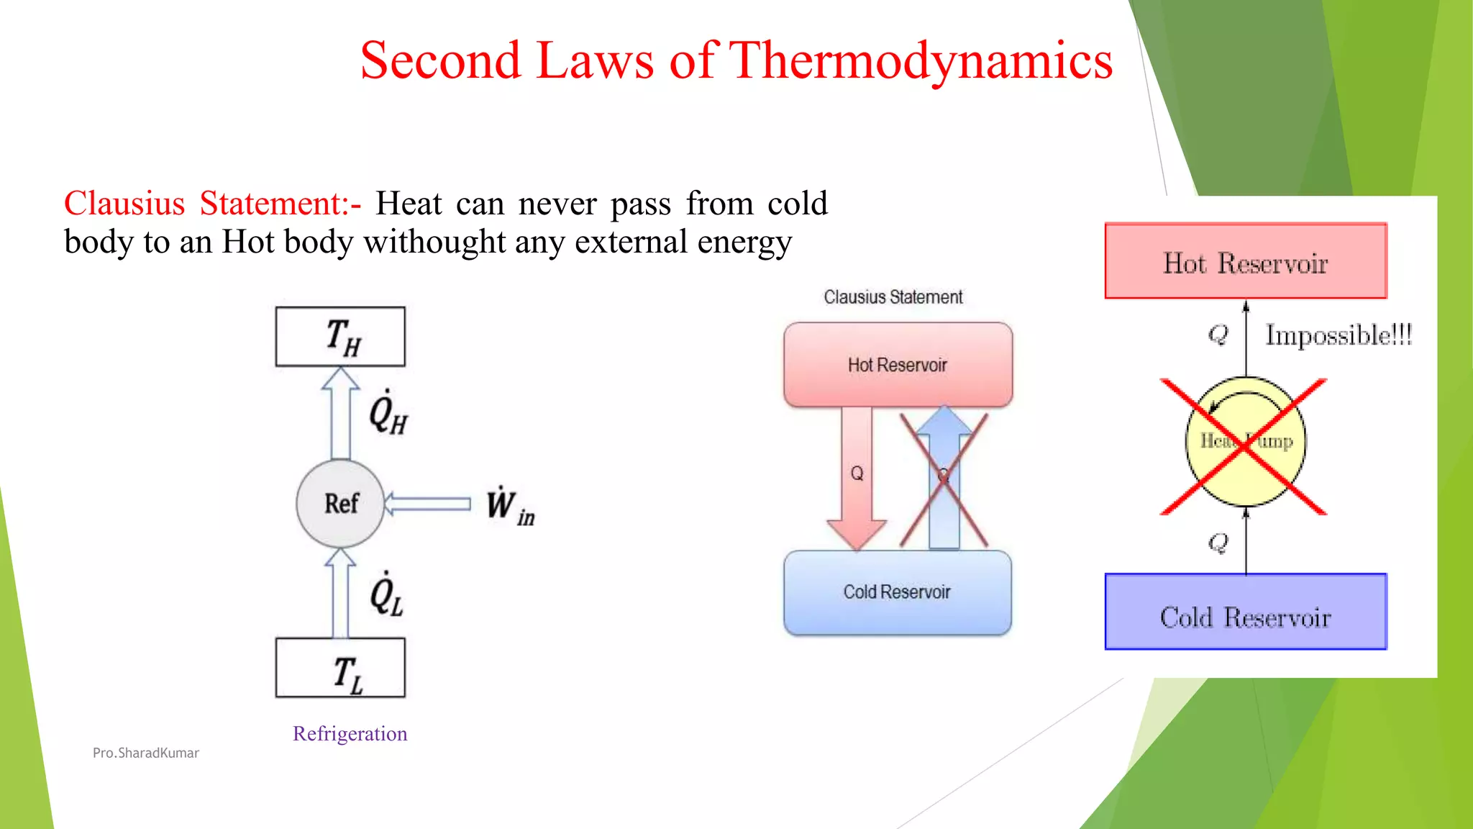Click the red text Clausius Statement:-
[212, 204]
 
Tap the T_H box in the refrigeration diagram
[340, 337]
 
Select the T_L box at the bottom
[340, 668]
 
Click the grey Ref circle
[340, 503]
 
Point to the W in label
[509, 506]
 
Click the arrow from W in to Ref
[427, 503]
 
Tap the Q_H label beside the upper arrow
[388, 414]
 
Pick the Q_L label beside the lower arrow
[386, 595]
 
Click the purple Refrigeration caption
[350, 733]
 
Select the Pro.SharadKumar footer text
[146, 753]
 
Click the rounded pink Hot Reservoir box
[898, 365]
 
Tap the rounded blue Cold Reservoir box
[897, 592]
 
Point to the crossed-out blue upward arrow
[944, 479]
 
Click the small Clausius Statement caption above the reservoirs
[893, 297]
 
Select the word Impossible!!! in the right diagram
[1339, 335]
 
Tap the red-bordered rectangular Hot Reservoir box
[1246, 261]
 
